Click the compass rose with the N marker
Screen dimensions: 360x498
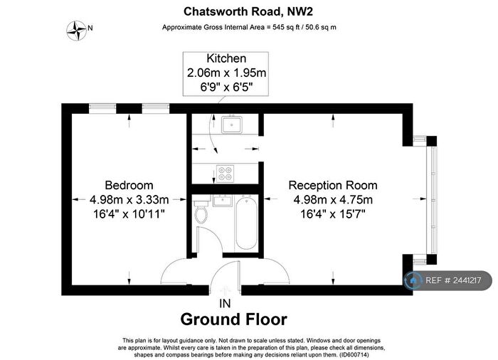75,28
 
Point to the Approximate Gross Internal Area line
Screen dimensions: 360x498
248,27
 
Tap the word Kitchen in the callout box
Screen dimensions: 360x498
226,59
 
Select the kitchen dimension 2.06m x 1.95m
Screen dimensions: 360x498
226,72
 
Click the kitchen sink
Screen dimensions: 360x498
231,125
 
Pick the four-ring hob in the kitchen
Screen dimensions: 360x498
226,171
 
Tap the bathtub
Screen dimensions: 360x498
246,223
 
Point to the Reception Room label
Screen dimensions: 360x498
332,184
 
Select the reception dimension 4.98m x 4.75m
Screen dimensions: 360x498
332,199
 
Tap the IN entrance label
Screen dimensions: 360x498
225,303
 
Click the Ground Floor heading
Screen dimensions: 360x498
234,319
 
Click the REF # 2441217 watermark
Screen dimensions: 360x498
449,281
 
